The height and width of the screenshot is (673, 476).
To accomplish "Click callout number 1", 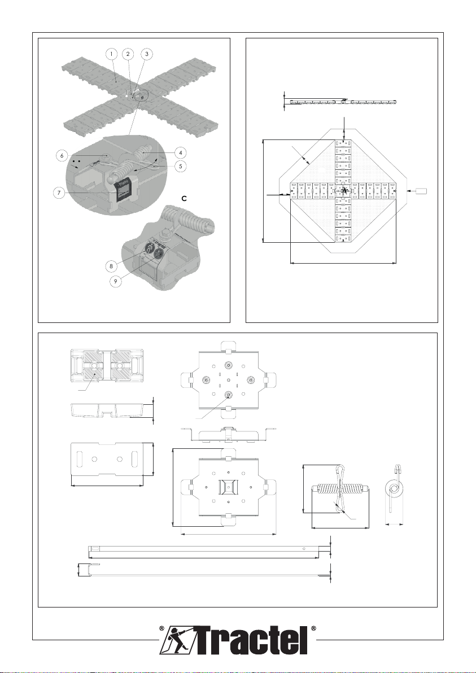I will tap(112, 54).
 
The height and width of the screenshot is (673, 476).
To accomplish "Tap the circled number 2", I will tap(129, 54).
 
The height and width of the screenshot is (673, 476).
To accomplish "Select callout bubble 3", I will tap(146, 54).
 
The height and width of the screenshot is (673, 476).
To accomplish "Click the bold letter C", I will tap(183, 198).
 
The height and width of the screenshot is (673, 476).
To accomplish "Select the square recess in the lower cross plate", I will tap(227, 486).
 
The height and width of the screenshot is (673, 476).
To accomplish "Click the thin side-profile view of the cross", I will tap(343, 102).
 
